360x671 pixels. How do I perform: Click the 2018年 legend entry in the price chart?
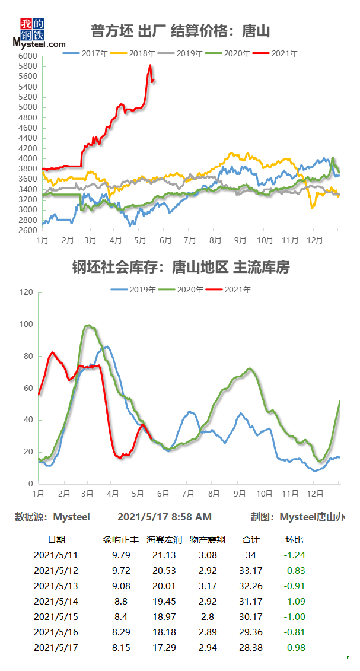(141, 53)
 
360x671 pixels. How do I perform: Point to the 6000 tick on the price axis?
(28, 56)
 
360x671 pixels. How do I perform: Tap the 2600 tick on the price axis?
(28, 231)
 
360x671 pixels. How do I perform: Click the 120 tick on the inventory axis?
(26, 292)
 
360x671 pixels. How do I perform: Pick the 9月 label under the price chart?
(240, 240)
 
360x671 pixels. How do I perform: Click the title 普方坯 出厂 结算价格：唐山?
(180, 30)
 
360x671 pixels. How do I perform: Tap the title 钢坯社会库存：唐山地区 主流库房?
(180, 268)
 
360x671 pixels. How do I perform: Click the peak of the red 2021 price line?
(150, 65)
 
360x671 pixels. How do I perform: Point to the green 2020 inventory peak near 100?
(88, 325)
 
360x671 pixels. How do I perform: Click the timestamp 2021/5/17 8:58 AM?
(164, 517)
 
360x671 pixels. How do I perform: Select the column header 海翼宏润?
(161, 540)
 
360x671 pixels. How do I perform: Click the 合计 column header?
(251, 540)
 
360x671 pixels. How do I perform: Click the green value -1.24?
(295, 555)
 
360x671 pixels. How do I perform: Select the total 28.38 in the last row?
(251, 648)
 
